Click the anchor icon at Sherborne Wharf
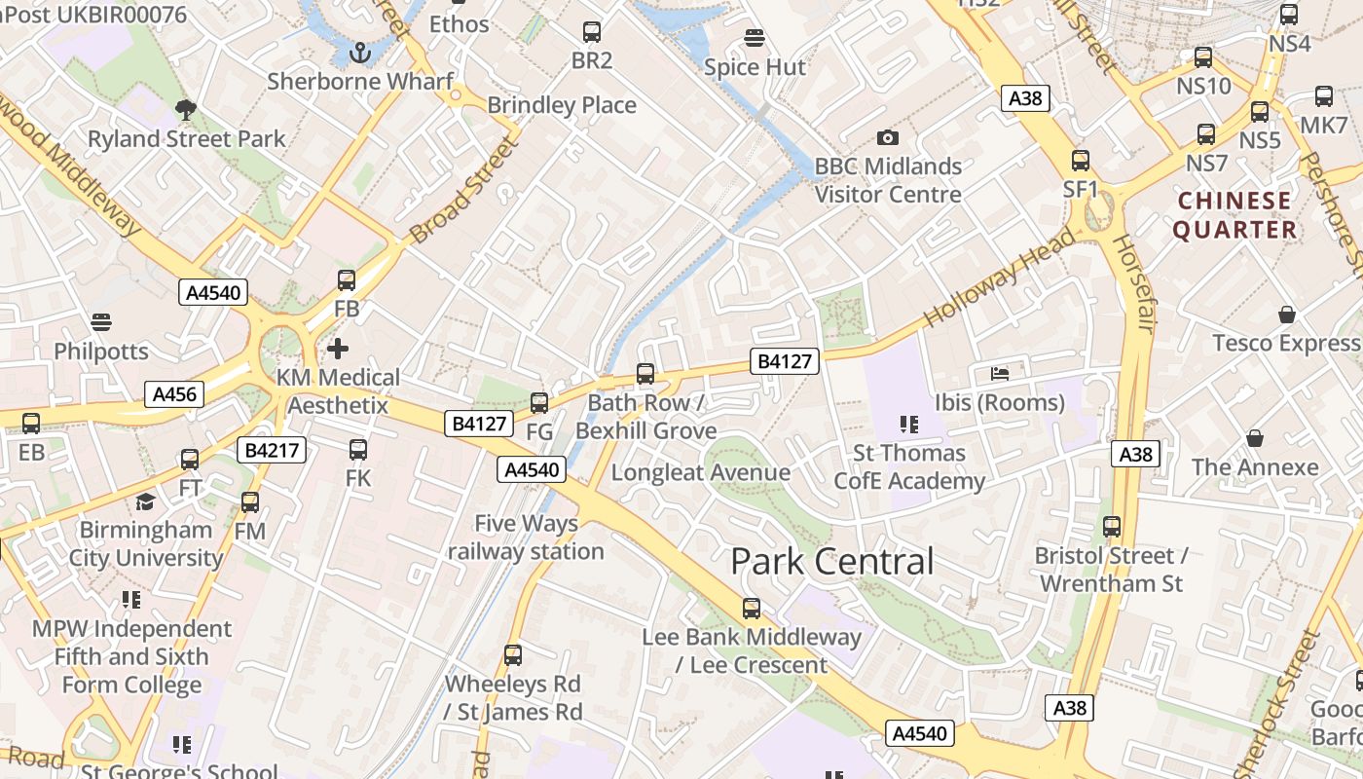tap(360, 51)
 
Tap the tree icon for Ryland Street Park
tap(185, 109)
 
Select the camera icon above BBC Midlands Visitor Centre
tap(887, 137)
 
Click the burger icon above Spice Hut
tap(754, 38)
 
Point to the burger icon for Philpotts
tap(101, 321)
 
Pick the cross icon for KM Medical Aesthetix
tap(338, 348)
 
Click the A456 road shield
tap(175, 394)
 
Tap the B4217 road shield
tap(273, 450)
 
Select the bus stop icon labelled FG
tap(538, 402)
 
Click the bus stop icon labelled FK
tap(358, 449)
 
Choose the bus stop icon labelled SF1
tap(1081, 161)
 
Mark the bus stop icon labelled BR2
tap(591, 32)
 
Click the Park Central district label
tap(831, 561)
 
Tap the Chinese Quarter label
tap(1234, 215)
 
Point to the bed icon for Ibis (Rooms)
tap(1000, 373)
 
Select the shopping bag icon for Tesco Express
tap(1287, 315)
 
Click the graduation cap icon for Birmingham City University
tap(145, 501)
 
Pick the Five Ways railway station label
tap(526, 538)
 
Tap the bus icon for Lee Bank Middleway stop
tap(751, 609)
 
